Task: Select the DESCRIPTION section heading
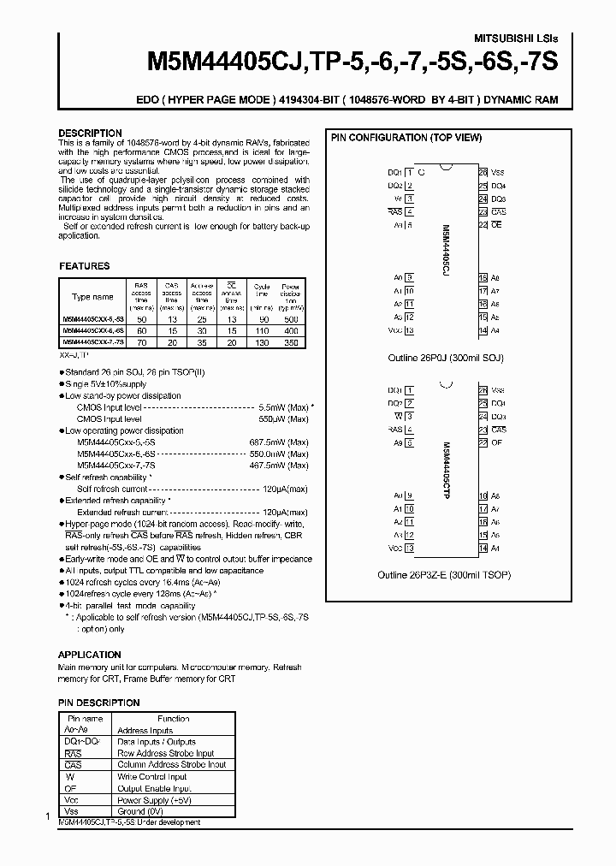[90, 133]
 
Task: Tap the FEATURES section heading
[84, 266]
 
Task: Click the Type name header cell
[92, 297]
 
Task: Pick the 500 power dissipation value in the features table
[291, 318]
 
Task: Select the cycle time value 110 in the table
[261, 329]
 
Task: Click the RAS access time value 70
[142, 341]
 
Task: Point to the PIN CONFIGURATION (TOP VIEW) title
[406, 138]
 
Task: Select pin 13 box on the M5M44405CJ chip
[409, 330]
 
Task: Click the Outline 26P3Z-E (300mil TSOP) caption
[445, 576]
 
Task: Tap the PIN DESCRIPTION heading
[98, 703]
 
